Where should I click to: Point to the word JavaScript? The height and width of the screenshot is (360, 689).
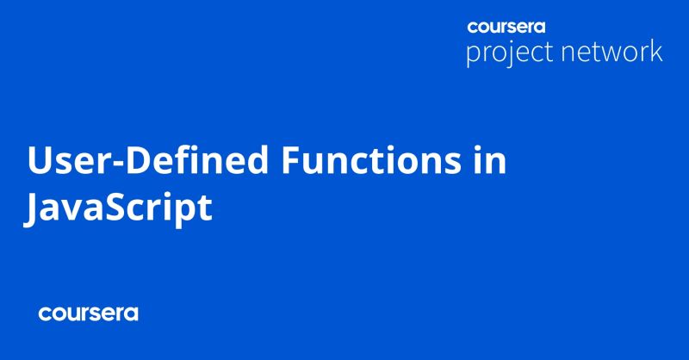coord(119,210)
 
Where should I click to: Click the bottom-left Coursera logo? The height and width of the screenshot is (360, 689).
coord(88,313)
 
